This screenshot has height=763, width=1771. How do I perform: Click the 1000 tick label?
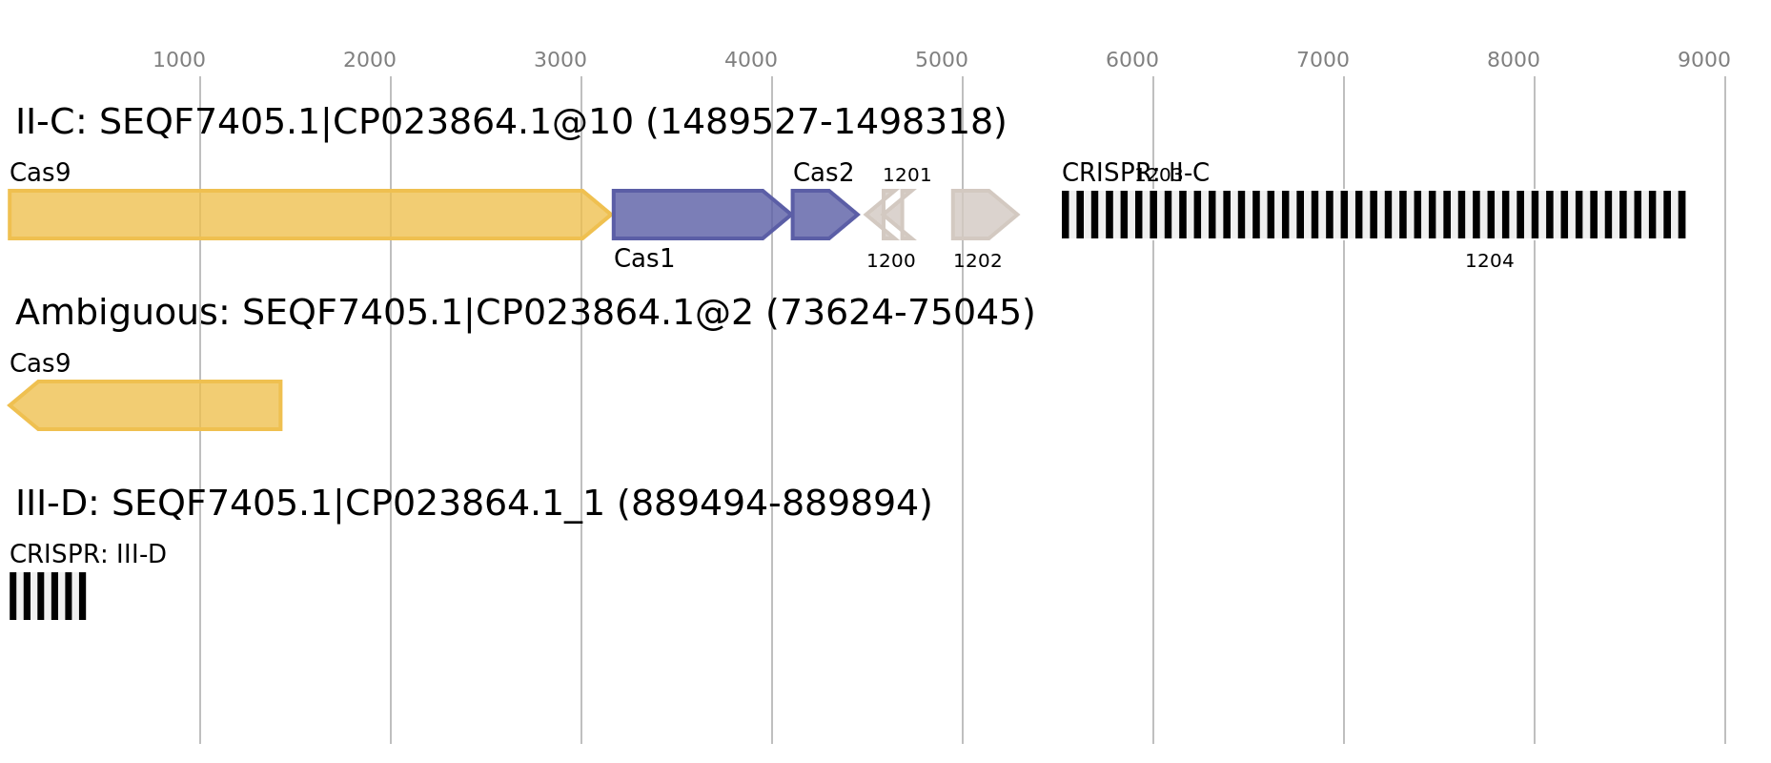[x=179, y=60]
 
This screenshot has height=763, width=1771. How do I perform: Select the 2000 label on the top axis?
[x=370, y=60]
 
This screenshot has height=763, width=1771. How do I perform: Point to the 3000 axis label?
[x=560, y=60]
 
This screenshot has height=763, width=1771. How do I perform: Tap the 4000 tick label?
[x=751, y=60]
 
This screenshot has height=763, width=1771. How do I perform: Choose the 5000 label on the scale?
[x=942, y=60]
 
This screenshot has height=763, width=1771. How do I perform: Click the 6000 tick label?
[x=1132, y=60]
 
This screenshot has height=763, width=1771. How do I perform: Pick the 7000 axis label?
[x=1323, y=60]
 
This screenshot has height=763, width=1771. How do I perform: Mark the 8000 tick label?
[x=1514, y=60]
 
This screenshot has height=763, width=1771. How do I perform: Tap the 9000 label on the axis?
[x=1704, y=60]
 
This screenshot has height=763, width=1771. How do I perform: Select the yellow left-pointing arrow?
[x=153, y=405]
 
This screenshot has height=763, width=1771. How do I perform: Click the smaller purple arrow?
[x=820, y=215]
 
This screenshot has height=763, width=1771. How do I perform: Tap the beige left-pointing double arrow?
[x=890, y=215]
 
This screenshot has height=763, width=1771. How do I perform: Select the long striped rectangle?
[x=1374, y=215]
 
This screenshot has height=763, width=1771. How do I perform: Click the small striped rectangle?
[x=48, y=596]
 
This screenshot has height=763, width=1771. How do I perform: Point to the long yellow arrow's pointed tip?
[x=612, y=215]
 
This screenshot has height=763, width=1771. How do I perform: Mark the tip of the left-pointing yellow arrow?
[x=9, y=405]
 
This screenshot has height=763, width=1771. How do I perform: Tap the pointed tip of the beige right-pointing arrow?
[x=1019, y=215]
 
